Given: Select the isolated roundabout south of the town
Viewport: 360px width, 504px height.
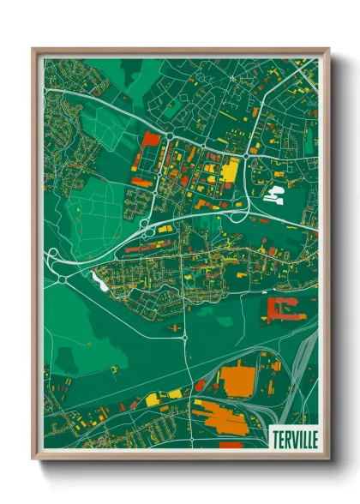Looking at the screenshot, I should point(185,338).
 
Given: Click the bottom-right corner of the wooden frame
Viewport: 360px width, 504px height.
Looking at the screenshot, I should point(328,461).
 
